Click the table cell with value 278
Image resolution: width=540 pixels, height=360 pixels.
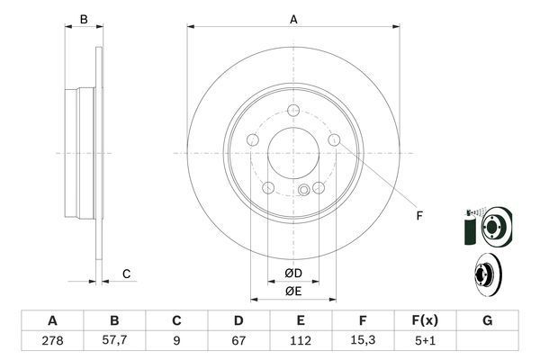[x=52, y=339]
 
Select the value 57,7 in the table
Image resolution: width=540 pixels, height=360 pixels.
[x=114, y=339]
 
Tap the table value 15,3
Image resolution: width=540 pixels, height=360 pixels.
[x=362, y=339]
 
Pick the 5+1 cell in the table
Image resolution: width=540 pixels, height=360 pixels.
[x=424, y=339]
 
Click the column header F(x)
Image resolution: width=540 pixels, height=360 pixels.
[x=424, y=320]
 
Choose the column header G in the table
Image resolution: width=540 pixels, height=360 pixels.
[x=487, y=320]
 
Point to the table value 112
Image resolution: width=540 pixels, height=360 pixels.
[x=300, y=339]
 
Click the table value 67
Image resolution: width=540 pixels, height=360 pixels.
[x=238, y=339]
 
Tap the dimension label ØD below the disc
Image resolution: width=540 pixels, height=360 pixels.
[x=292, y=273]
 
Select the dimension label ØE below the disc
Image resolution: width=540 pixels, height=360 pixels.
[x=292, y=291]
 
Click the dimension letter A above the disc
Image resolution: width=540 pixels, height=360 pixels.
[x=293, y=19]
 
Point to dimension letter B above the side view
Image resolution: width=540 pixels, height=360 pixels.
[x=84, y=19]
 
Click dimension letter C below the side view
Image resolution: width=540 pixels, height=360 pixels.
[x=127, y=274]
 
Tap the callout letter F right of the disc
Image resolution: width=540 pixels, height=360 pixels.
[x=418, y=215]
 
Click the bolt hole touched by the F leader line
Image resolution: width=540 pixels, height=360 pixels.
[x=335, y=140]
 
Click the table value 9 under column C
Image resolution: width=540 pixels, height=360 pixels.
[x=176, y=339]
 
